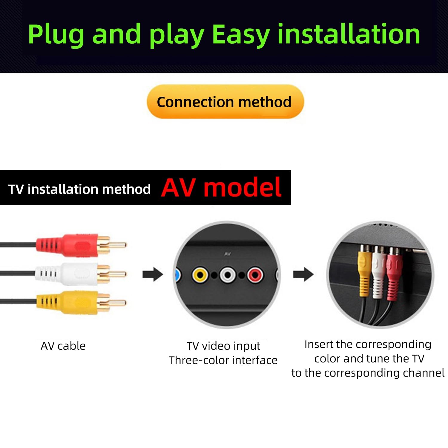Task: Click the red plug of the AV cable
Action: tap(81, 245)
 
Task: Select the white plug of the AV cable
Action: tap(81, 274)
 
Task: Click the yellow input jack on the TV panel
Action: tap(200, 275)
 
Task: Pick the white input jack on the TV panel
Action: tap(228, 275)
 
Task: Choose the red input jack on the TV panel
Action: tap(255, 275)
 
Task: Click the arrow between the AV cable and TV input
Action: tap(153, 274)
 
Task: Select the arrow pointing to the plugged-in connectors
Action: tap(303, 274)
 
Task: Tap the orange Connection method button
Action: tap(225, 102)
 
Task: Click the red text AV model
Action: tap(221, 188)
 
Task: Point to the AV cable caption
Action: tap(63, 346)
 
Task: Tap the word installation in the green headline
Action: tap(349, 34)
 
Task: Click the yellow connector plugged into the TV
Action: tap(364, 271)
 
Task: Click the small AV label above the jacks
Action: tap(228, 254)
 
